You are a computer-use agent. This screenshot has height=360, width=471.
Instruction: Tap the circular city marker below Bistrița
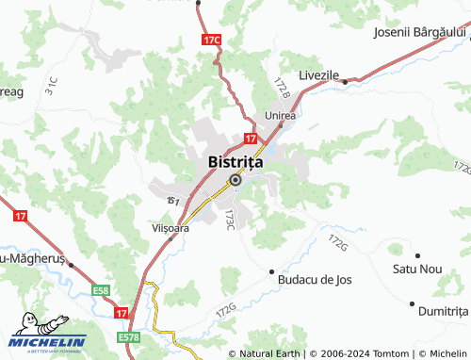(x=235, y=180)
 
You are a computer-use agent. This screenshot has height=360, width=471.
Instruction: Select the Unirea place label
(x=281, y=116)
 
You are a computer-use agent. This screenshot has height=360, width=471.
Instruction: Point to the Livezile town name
(x=318, y=74)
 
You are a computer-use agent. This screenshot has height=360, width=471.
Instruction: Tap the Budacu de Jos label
(x=314, y=280)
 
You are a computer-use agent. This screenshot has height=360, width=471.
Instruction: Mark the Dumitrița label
(x=444, y=310)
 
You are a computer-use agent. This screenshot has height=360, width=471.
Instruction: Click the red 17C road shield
(x=212, y=41)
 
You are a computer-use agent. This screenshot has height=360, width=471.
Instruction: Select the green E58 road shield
(x=102, y=292)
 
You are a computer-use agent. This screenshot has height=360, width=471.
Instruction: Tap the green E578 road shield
(x=129, y=336)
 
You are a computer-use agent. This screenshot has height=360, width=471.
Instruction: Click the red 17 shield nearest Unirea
(x=252, y=138)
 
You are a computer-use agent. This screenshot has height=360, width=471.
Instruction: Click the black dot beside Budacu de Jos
(x=272, y=271)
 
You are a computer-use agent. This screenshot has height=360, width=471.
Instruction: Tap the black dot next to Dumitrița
(x=412, y=303)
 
